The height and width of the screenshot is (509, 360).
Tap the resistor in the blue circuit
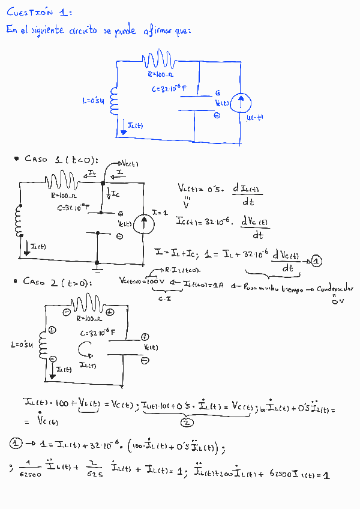point(158,61)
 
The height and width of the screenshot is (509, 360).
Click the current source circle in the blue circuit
point(241,103)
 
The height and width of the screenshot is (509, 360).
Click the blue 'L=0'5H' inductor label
point(93,101)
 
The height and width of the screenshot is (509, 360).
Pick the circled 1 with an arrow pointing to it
point(317,261)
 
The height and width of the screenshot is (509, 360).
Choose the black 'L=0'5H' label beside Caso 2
point(23,345)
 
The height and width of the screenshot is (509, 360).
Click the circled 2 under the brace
point(184,422)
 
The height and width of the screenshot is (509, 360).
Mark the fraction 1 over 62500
point(29,469)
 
